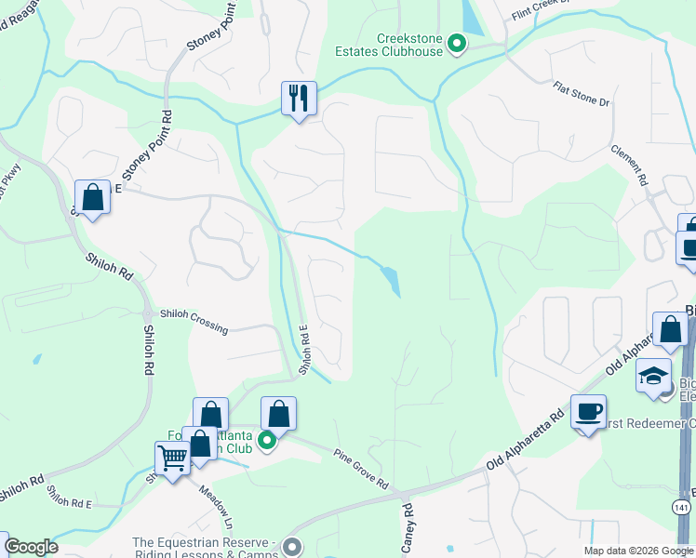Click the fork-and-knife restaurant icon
point(299,98)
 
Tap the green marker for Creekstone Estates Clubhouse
point(457,43)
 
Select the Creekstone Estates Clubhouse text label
point(409,45)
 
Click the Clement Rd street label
point(629,166)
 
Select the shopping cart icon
point(172,458)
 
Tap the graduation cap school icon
point(654,375)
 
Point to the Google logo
point(30,547)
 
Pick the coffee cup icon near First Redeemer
point(588,412)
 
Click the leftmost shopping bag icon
point(92,197)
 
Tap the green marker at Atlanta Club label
point(267,440)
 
